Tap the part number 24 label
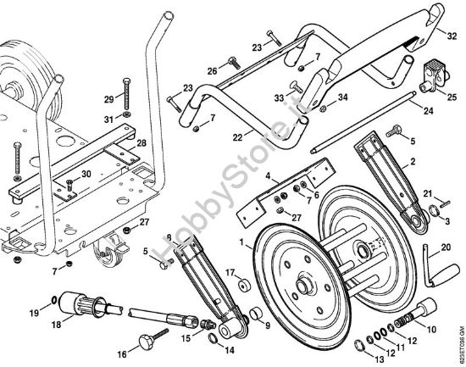(x=428, y=111)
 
